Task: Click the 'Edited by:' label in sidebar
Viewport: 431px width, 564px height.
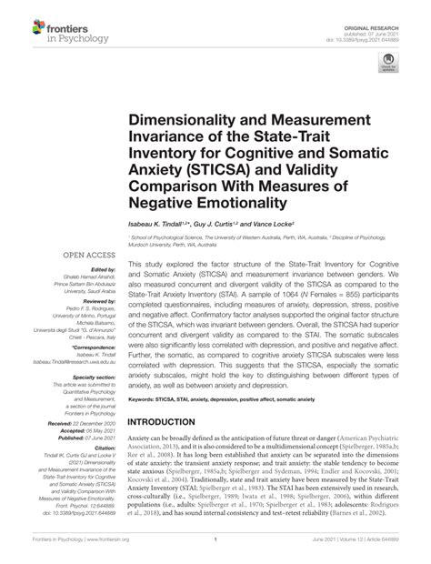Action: pyautogui.click(x=106, y=270)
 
